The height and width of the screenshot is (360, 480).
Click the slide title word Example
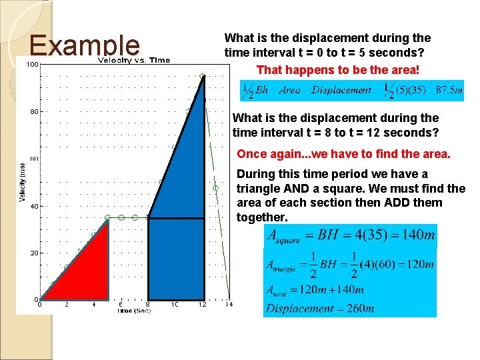(x=85, y=45)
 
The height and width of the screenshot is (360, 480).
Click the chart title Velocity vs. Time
(x=134, y=61)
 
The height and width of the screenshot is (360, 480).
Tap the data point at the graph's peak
(x=203, y=76)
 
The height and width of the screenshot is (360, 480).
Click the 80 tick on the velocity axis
(x=33, y=112)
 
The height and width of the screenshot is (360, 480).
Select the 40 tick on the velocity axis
(x=33, y=206)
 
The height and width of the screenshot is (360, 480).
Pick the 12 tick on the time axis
(x=202, y=305)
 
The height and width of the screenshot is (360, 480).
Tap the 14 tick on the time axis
(x=229, y=305)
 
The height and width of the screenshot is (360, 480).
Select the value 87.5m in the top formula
(x=449, y=90)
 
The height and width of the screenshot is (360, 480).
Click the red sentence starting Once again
(x=343, y=154)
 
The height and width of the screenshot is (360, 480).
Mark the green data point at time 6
(x=121, y=217)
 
